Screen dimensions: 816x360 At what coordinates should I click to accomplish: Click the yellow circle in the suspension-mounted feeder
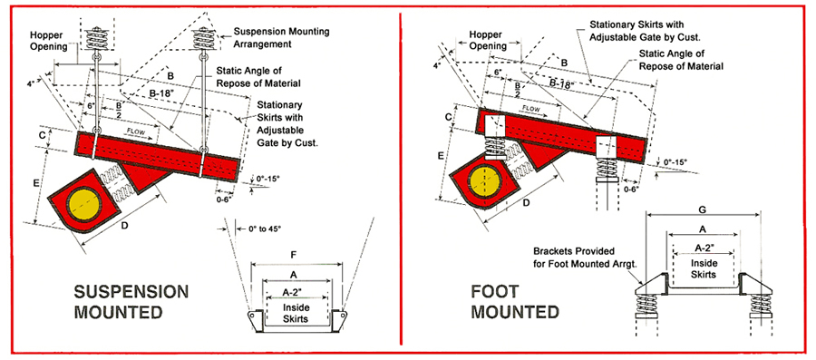click(x=84, y=206)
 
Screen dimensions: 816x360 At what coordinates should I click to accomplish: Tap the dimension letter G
click(x=702, y=209)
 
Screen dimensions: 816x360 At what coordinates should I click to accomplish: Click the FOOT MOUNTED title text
click(x=515, y=301)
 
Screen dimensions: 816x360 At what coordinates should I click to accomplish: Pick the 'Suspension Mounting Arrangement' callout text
click(x=282, y=37)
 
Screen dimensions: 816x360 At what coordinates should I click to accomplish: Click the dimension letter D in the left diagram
click(x=125, y=225)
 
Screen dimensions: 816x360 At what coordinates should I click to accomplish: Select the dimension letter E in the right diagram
click(x=442, y=155)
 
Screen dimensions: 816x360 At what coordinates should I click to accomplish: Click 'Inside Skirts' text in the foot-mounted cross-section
click(x=704, y=268)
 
